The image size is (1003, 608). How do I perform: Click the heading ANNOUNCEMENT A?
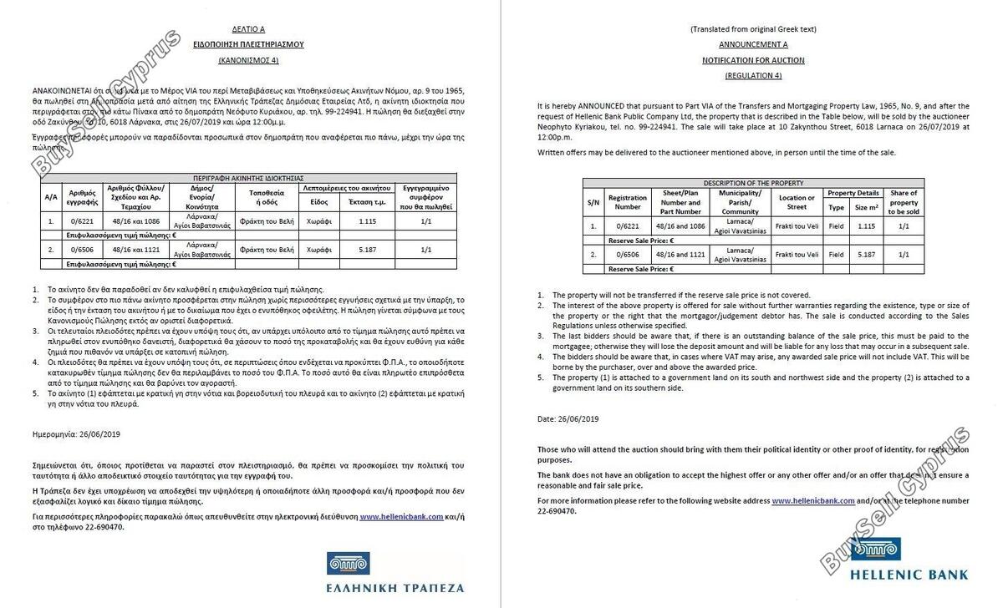click(753, 44)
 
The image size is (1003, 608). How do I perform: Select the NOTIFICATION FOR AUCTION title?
click(753, 60)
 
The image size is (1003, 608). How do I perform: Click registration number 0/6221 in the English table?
click(628, 225)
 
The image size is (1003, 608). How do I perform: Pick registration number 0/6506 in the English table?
click(628, 254)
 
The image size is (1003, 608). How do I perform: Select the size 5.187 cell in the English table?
click(866, 254)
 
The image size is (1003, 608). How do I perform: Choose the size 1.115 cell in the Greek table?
click(367, 221)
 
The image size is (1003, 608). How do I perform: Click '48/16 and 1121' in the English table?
click(680, 254)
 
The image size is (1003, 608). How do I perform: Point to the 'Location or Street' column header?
click(797, 202)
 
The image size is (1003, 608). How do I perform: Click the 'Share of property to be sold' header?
click(904, 202)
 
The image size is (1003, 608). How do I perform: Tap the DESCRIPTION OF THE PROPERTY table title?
click(752, 183)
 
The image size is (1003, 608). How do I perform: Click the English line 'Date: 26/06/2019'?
click(568, 418)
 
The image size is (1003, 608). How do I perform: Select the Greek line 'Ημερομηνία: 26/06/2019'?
click(77, 434)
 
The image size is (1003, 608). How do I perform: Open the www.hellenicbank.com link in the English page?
click(812, 501)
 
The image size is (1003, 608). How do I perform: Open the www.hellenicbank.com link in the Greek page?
click(401, 517)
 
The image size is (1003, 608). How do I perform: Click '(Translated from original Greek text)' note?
click(753, 29)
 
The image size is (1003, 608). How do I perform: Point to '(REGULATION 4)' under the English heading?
click(753, 75)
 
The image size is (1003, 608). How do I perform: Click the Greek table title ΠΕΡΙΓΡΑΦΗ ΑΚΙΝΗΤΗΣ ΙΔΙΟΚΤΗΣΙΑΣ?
click(249, 178)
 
